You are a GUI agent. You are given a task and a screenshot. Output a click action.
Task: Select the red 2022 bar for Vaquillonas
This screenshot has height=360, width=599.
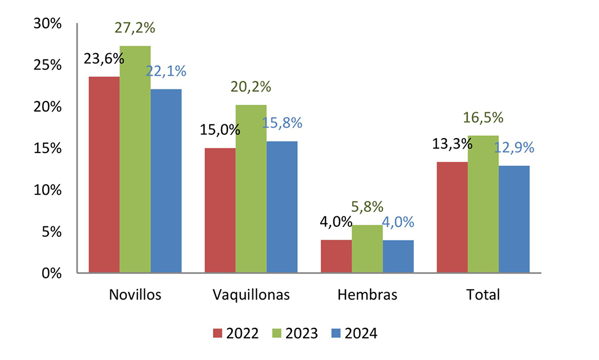tap(220, 210)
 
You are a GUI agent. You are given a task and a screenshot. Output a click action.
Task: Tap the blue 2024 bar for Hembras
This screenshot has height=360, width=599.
tap(398, 256)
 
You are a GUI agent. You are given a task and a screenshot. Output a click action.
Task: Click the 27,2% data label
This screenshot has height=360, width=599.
tap(135, 28)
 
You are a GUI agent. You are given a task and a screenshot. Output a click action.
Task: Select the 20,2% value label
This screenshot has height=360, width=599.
tap(251, 87)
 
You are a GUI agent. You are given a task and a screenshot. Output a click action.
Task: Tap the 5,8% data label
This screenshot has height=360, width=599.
tap(367, 207)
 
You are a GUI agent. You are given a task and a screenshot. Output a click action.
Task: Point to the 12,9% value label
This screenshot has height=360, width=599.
tap(514, 148)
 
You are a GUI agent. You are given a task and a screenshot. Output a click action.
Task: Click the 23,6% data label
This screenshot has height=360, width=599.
tap(104, 58)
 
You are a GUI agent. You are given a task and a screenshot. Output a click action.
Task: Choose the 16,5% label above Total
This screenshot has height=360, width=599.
tap(483, 118)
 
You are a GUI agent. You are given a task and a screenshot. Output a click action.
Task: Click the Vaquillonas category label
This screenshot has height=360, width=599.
tap(251, 295)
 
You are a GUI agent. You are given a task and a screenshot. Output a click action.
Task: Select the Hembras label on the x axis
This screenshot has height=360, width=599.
tap(367, 295)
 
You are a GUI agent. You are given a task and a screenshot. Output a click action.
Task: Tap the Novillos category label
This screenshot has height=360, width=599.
tap(135, 295)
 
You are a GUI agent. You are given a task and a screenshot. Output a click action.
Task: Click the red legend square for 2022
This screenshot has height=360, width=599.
tap(217, 333)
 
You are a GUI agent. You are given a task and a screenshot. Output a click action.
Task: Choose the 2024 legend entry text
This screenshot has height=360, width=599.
tap(361, 333)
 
